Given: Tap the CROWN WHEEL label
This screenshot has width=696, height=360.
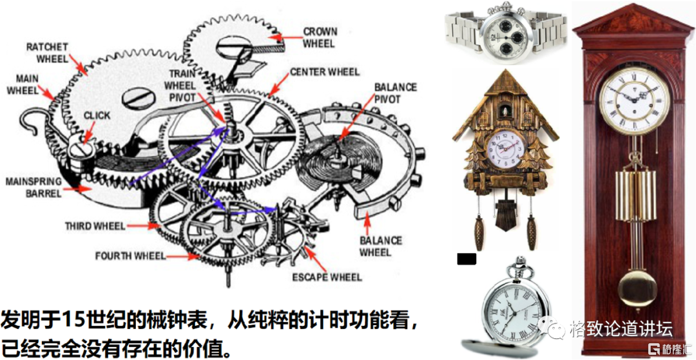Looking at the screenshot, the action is coord(320,37).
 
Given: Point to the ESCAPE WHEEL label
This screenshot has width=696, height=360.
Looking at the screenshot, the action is coord(327,278).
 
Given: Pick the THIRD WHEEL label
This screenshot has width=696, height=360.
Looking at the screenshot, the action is coord(95,226).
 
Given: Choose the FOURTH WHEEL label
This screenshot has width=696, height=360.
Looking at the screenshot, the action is coord(130,256).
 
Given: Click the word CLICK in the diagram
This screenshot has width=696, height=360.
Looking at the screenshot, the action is coord(97,115).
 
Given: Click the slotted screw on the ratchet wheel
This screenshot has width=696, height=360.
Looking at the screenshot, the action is coord(138,97).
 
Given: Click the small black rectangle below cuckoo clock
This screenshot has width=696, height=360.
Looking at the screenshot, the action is coord(467,259).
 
